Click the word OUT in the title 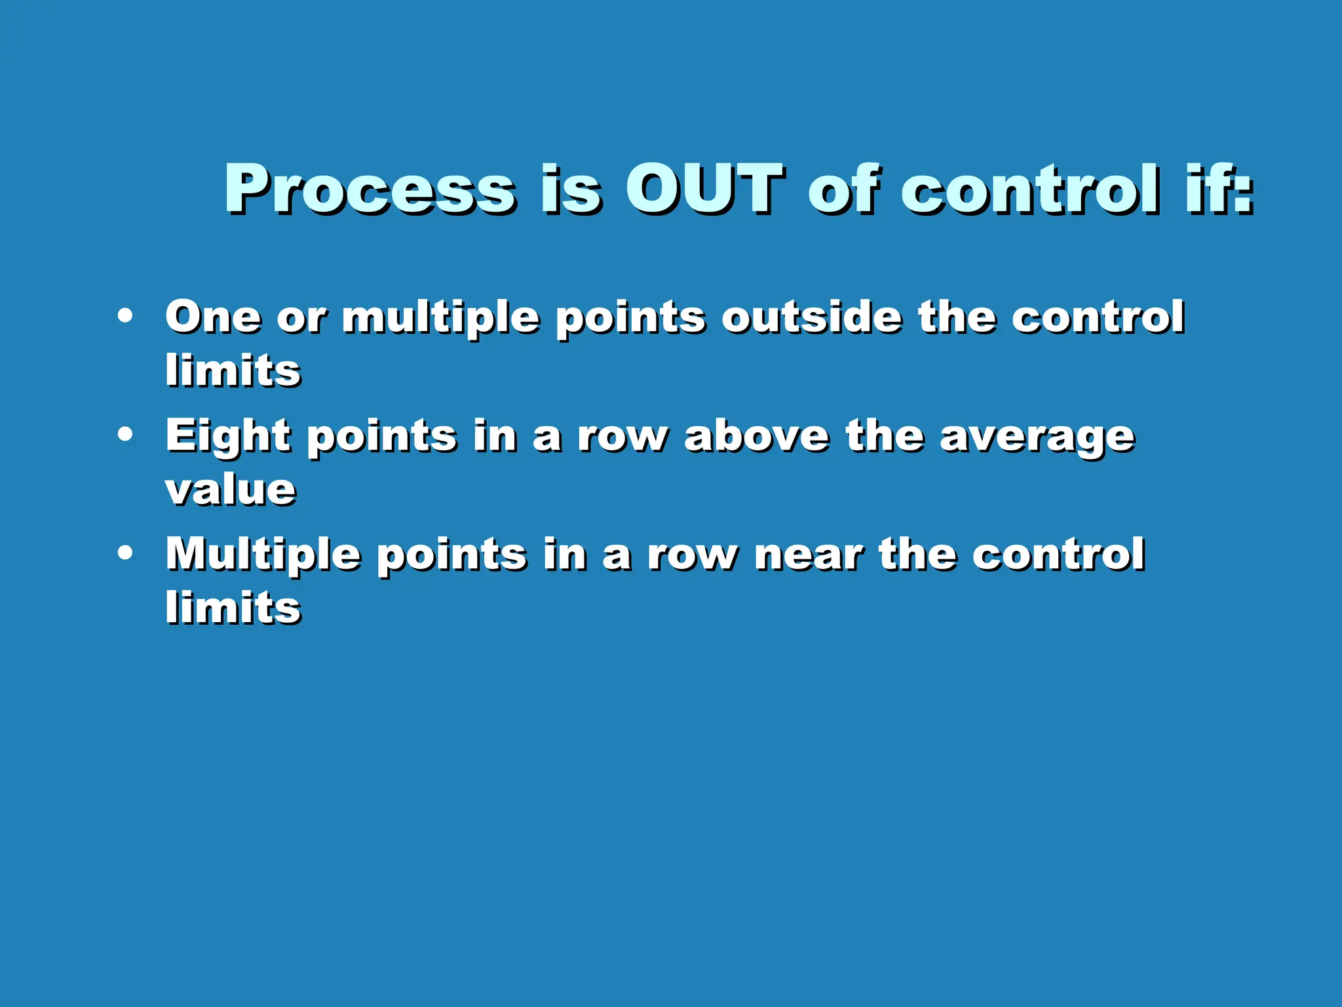pos(704,188)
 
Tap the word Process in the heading pos(370,188)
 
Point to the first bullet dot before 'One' pos(125,316)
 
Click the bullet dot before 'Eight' pos(125,434)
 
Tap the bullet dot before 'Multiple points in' pos(125,553)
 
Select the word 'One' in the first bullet pos(213,317)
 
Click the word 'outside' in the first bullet pos(811,317)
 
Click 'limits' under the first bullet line pos(233,370)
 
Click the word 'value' pos(230,490)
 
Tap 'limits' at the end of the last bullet pos(233,607)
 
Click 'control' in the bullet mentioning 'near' pos(1058,555)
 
